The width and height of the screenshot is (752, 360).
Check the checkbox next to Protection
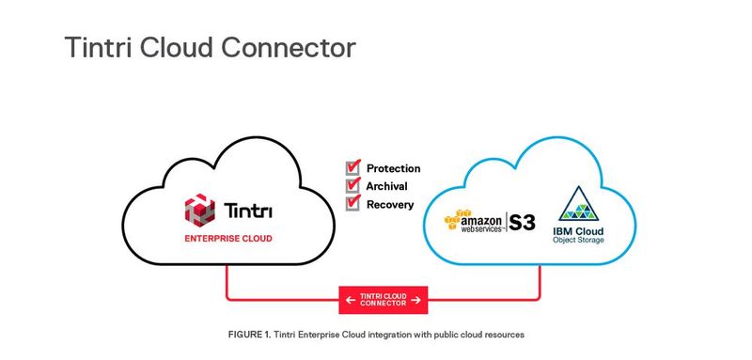353,168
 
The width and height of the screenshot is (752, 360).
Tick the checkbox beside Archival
353,186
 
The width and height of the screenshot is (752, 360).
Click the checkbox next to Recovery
353,203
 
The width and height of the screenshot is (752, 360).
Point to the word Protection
394,169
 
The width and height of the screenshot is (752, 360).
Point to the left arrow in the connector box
350,300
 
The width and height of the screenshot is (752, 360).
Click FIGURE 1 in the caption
249,335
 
